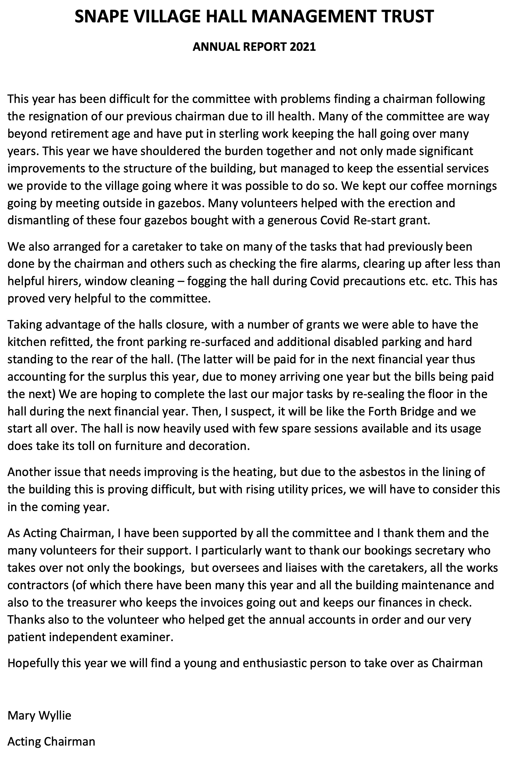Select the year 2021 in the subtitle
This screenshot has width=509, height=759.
(303, 47)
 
